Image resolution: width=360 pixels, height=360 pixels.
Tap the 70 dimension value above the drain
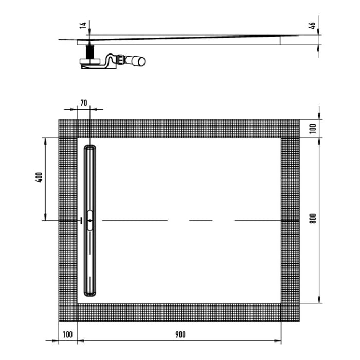tap(84, 102)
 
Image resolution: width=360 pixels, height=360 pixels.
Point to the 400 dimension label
tap(40, 177)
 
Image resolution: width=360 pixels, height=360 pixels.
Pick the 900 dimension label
tap(179, 334)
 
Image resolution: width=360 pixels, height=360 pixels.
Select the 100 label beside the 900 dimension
tap(67, 334)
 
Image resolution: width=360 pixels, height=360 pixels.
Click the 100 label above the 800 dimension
tap(313, 129)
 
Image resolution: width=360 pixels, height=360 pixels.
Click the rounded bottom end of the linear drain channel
tap(90, 292)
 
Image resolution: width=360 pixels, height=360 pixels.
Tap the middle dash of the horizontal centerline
tap(201, 220)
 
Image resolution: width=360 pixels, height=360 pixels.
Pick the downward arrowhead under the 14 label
tap(89, 35)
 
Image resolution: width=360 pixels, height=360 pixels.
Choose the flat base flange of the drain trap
tap(91, 63)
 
